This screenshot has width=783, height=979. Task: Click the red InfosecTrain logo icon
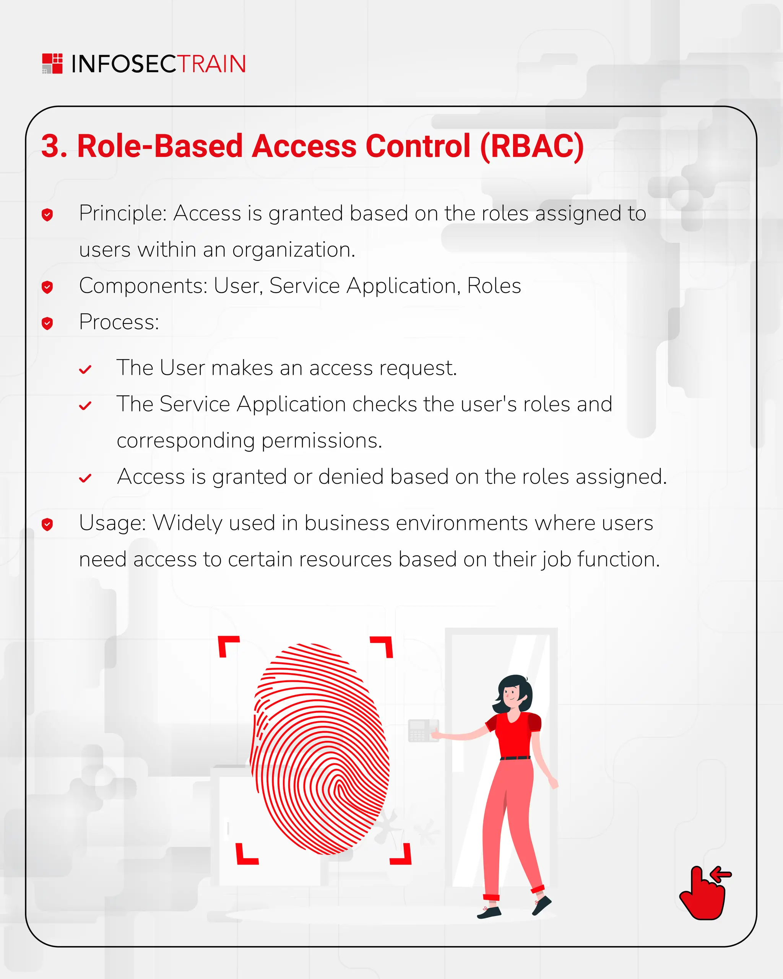click(52, 63)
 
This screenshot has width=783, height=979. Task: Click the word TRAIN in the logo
click(211, 64)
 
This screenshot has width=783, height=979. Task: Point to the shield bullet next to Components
click(47, 287)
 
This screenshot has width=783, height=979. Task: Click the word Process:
click(119, 322)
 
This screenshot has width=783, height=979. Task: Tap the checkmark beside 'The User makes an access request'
click(85, 370)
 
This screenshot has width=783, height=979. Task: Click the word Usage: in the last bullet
click(112, 523)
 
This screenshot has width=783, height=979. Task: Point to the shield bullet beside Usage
click(47, 524)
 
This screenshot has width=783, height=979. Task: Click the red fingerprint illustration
click(320, 749)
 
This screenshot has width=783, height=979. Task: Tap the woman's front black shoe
click(489, 912)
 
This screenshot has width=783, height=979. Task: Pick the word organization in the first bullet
click(293, 250)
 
